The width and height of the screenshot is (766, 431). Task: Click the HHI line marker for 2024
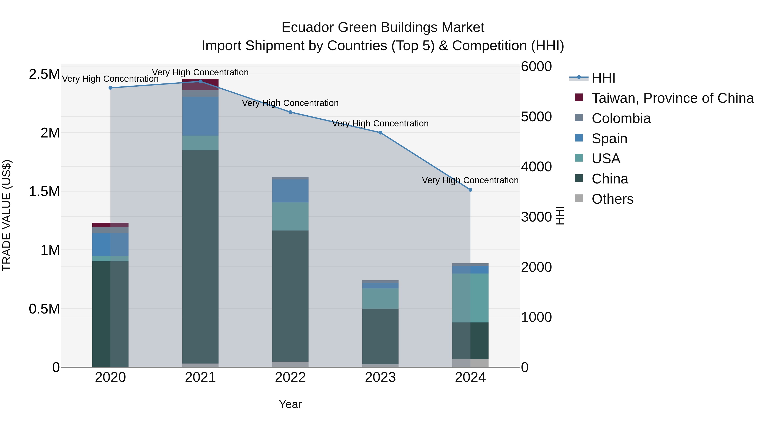click(470, 190)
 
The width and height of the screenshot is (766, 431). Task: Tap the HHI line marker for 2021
click(200, 81)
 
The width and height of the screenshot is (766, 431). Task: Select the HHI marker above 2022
click(290, 112)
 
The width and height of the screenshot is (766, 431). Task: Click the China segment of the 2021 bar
click(200, 256)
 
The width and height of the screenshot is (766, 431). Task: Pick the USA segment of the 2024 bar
click(470, 298)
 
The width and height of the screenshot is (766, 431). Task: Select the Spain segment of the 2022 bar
click(290, 191)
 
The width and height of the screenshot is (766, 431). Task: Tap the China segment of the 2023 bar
click(380, 336)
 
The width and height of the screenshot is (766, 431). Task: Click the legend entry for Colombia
click(621, 118)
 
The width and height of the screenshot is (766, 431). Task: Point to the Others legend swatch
click(579, 198)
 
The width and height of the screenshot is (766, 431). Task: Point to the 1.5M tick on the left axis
click(44, 192)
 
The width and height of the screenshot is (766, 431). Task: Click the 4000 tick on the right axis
click(536, 167)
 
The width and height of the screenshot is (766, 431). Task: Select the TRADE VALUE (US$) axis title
click(7, 215)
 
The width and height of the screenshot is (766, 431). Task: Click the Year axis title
click(290, 404)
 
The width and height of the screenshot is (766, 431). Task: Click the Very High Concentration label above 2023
click(380, 123)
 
